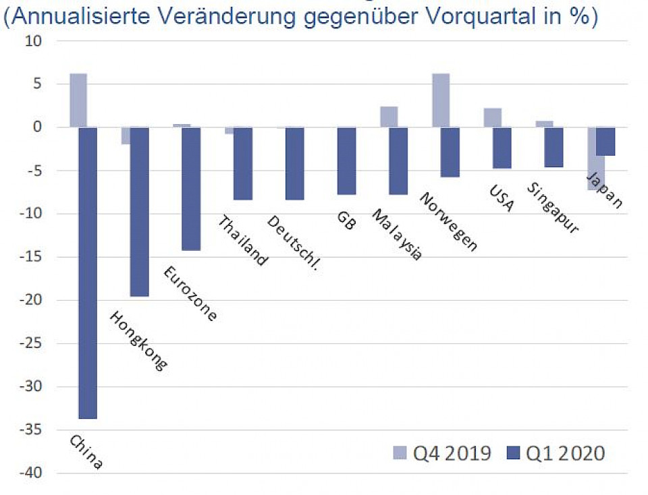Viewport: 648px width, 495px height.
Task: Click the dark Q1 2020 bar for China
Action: coord(88,272)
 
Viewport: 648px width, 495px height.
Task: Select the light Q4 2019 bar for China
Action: coord(78,100)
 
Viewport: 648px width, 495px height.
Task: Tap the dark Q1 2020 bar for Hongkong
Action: coord(139,211)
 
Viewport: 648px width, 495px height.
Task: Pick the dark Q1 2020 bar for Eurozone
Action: coord(191,188)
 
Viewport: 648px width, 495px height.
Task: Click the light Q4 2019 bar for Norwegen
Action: coord(440,100)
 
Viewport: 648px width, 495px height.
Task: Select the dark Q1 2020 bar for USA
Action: coord(502,147)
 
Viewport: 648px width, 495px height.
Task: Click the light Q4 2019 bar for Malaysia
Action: coord(388,117)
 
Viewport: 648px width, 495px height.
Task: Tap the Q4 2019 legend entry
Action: coord(441,453)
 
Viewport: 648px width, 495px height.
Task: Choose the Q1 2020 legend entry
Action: coord(555,453)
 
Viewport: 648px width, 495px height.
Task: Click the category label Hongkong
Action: coord(138,340)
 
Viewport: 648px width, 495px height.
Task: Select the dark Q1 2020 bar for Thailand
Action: coord(243,163)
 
